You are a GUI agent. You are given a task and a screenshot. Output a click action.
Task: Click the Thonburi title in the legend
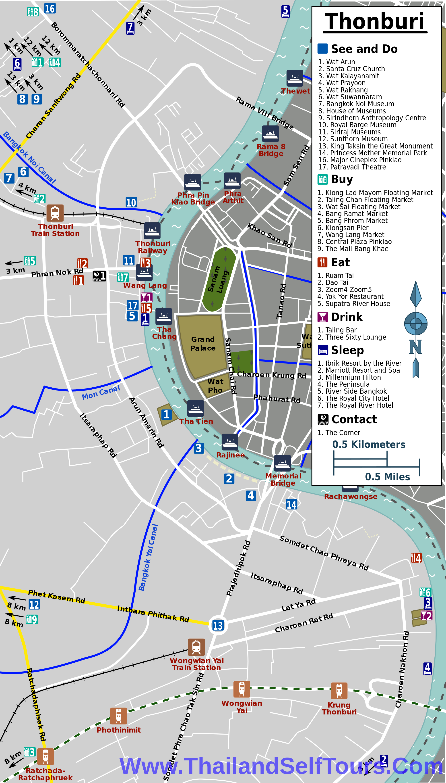coord(375,21)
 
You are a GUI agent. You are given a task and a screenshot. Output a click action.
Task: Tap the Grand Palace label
coord(203,344)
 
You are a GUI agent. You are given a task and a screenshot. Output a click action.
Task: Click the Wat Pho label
coord(215,386)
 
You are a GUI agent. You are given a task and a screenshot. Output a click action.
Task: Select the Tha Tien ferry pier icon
coord(195,408)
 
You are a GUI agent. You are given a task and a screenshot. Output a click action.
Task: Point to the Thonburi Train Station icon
coord(55,213)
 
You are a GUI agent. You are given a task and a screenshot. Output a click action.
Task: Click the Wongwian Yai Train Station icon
coord(196,647)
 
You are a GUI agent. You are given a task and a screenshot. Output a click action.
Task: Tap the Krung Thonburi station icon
coord(339,691)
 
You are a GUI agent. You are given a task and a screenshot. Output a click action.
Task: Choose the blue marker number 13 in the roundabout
coord(218,625)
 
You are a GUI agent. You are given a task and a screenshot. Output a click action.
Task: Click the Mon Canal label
coord(101,393)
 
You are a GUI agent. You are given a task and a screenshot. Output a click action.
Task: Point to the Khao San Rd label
coord(270,236)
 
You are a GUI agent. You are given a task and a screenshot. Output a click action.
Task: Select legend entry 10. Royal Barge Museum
coord(357,125)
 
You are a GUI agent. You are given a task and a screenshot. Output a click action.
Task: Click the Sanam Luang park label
coord(218,279)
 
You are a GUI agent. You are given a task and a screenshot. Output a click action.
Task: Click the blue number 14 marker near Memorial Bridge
coord(291,504)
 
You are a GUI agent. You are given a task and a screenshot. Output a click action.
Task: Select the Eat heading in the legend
coord(340,263)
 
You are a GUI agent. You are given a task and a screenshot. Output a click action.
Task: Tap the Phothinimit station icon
coord(119,716)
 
